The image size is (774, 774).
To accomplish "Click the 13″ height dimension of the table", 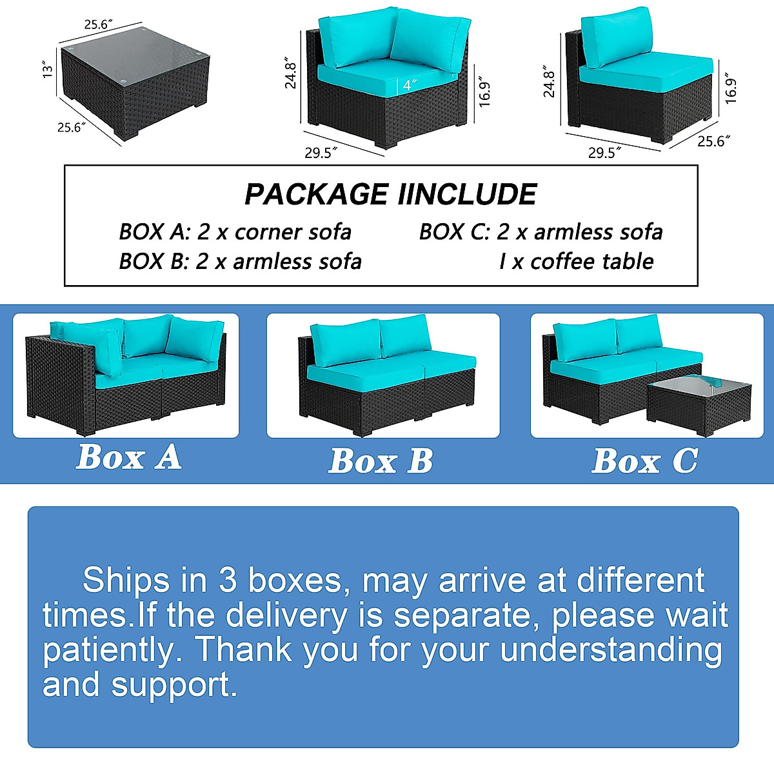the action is pos(46,70).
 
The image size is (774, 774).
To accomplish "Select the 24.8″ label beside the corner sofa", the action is pos(291,74).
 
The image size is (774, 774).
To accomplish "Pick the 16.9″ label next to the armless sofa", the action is pos(730,88).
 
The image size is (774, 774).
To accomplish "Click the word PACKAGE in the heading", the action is pos(316,194).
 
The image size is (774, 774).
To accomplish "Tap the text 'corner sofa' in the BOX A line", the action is pos(293,232).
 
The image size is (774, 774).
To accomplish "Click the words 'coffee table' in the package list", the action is pos(591,261).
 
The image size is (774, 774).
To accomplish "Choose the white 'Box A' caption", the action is pos(128,457).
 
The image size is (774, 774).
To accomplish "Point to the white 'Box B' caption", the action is pos(381,461).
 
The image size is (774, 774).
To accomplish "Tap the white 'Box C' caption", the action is pos(644,461).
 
